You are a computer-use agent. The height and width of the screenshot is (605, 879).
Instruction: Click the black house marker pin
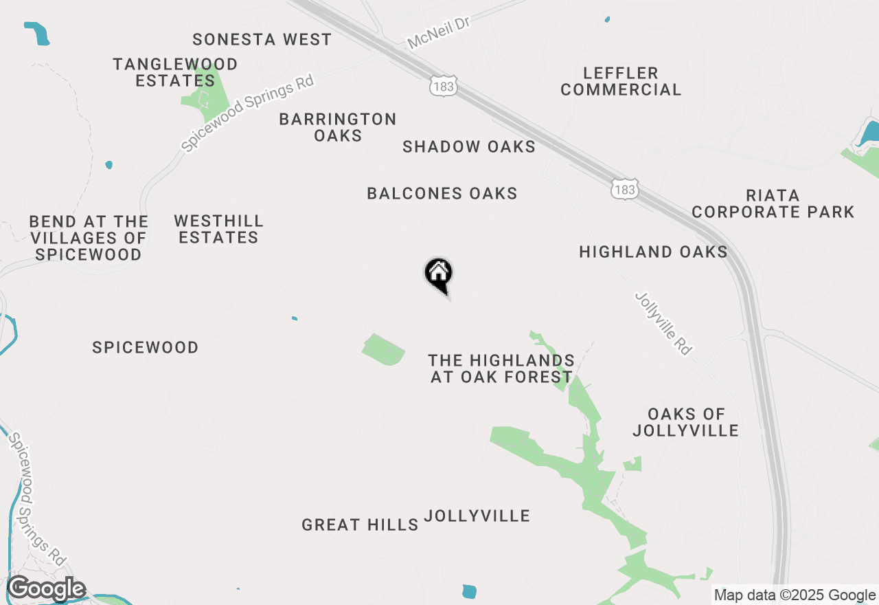[438, 275]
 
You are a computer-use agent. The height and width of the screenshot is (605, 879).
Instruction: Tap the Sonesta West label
[262, 39]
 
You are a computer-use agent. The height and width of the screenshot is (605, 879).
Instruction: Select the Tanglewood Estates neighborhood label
[175, 72]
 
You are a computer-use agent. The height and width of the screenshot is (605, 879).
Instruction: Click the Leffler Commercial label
[621, 81]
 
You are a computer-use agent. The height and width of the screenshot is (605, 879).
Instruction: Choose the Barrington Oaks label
[338, 127]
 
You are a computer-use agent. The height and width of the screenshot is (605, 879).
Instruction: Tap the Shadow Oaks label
[469, 146]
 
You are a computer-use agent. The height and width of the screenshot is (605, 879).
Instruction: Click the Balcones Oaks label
[442, 193]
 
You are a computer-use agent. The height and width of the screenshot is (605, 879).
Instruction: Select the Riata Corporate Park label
[773, 203]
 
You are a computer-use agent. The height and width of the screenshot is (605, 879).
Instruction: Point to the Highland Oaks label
[653, 252]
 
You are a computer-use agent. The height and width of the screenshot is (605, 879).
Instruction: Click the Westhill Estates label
[218, 229]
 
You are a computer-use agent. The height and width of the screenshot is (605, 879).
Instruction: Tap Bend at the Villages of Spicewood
[89, 237]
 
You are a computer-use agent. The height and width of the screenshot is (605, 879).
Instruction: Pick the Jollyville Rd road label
[663, 323]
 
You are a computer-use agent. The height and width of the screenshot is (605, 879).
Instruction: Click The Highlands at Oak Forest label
[501, 368]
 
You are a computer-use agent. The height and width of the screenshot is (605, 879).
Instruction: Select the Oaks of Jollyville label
[685, 422]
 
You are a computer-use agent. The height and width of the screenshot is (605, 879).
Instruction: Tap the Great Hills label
[360, 525]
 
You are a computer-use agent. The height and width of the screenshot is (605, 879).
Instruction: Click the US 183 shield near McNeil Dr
[442, 87]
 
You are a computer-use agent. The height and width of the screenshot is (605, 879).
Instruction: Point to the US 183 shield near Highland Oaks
[626, 188]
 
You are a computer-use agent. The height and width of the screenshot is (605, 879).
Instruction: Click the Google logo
[47, 588]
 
